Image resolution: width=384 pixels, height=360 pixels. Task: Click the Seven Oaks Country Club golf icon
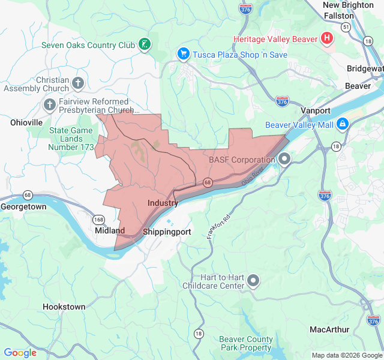click(x=144, y=44)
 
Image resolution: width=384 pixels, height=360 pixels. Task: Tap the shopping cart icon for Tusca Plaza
click(x=184, y=54)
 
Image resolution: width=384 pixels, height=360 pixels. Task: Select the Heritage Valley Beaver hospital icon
click(x=327, y=39)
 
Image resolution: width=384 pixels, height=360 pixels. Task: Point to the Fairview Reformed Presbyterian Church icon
click(x=50, y=106)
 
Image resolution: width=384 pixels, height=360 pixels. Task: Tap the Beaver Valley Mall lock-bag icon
click(x=342, y=124)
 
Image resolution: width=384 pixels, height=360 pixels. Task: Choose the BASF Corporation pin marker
click(x=284, y=160)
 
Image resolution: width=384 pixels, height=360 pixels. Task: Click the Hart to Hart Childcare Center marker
click(x=253, y=280)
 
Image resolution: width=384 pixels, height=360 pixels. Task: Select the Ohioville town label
click(x=26, y=122)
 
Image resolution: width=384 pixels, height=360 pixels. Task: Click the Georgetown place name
click(x=23, y=206)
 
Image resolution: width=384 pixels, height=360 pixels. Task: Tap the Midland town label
click(x=110, y=230)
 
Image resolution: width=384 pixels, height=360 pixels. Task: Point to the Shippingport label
click(x=167, y=232)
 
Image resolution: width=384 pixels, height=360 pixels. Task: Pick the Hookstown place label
click(x=64, y=307)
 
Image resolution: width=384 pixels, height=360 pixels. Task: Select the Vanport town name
click(x=315, y=110)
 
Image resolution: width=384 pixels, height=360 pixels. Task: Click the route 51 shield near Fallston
click(x=346, y=27)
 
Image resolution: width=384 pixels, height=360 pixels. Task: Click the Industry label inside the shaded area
click(x=163, y=203)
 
